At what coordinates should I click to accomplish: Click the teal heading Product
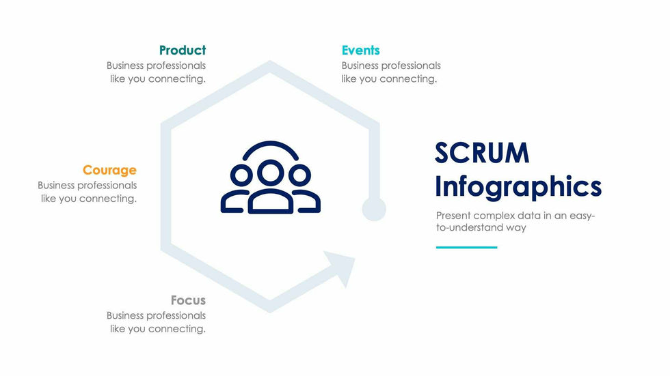tap(182, 50)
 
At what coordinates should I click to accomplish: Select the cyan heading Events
tap(360, 50)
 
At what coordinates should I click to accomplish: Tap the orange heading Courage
tap(109, 171)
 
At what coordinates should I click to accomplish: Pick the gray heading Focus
tap(188, 300)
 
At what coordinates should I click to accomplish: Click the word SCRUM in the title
tap(482, 154)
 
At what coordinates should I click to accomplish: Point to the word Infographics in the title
tap(518, 187)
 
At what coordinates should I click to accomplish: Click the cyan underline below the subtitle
tap(466, 247)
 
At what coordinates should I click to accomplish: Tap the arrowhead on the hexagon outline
tap(342, 265)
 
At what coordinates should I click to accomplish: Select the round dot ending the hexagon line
tap(374, 209)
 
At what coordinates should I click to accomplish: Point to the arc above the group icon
tap(271, 146)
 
